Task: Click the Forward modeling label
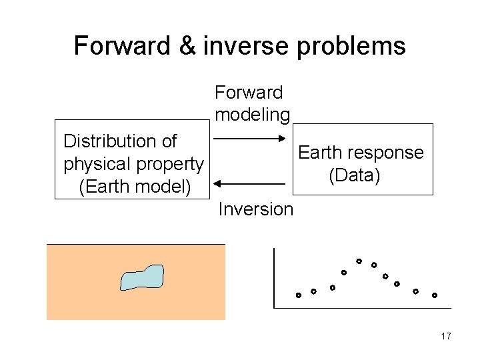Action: click(251, 103)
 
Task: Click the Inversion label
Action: click(255, 209)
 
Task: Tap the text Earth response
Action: click(361, 153)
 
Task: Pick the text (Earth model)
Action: click(134, 187)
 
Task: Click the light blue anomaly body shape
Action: click(142, 277)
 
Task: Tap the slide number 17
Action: click(446, 336)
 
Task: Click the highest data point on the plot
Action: click(359, 261)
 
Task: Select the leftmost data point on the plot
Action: click(299, 295)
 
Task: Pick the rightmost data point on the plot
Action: click(434, 295)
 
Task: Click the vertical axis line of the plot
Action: click(274, 277)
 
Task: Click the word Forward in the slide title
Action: click(122, 46)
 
